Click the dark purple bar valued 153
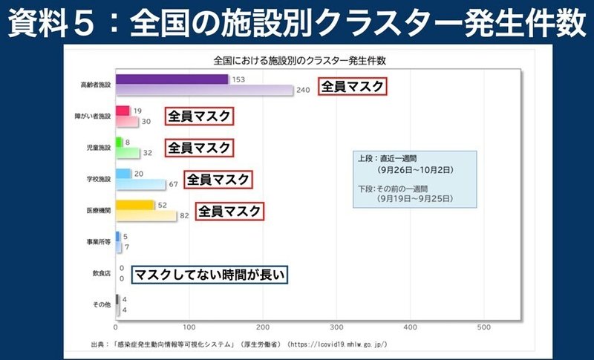pos(172,79)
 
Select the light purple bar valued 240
pos(204,91)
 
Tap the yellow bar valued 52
pos(135,205)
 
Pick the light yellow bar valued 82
pos(146,216)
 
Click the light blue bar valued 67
pos(140,184)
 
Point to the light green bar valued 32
pos(128,153)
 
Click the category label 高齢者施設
pos(95,85)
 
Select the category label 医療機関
pos(98,210)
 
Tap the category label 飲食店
pos(99,273)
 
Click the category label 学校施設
pos(98,179)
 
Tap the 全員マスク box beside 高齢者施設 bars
pos(352,87)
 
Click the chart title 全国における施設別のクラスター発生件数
pos(304,59)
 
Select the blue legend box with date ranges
pos(414,179)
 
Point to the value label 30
pos(146,122)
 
